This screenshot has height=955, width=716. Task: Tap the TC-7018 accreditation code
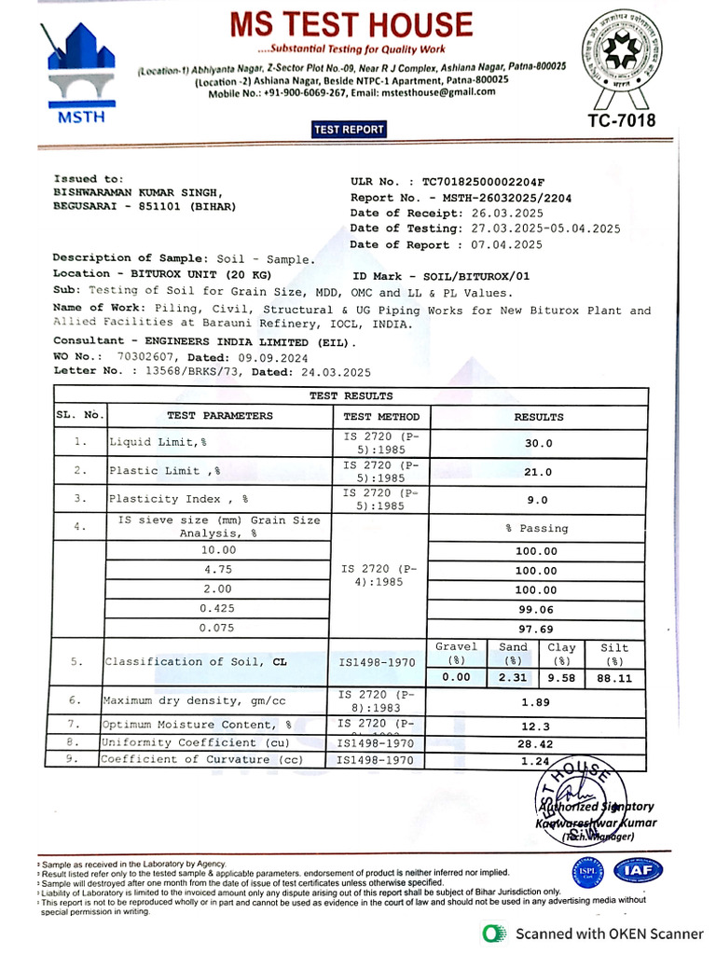621,120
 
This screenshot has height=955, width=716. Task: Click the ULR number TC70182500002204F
483,183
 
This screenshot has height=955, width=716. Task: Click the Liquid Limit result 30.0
539,444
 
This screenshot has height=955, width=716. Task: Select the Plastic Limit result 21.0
539,472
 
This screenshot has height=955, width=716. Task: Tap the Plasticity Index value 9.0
538,500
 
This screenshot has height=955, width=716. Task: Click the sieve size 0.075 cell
217,628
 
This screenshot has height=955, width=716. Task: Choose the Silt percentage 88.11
614,678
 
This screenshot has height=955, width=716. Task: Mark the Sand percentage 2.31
513,678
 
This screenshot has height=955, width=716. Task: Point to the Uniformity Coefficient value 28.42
536,743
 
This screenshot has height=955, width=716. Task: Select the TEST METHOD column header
381,417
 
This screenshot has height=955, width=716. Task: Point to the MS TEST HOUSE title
352,24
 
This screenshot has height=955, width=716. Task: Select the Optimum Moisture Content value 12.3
535,725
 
